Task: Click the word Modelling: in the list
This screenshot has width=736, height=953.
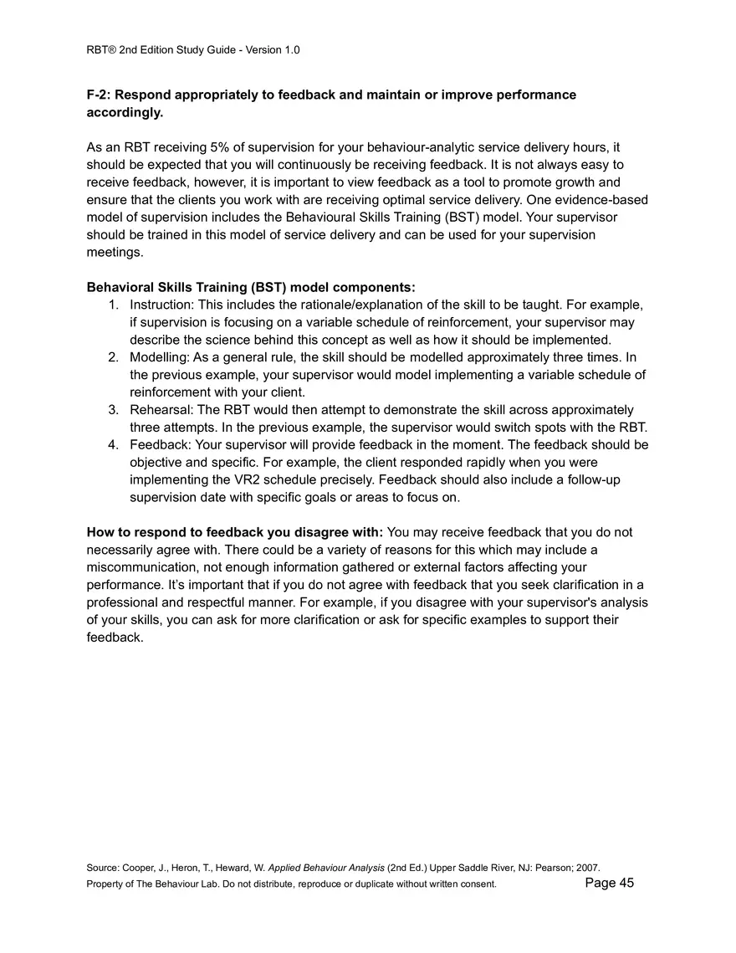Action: coord(159,357)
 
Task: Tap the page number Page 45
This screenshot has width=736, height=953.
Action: coord(610,883)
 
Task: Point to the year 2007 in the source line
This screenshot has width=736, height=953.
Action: coord(588,868)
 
